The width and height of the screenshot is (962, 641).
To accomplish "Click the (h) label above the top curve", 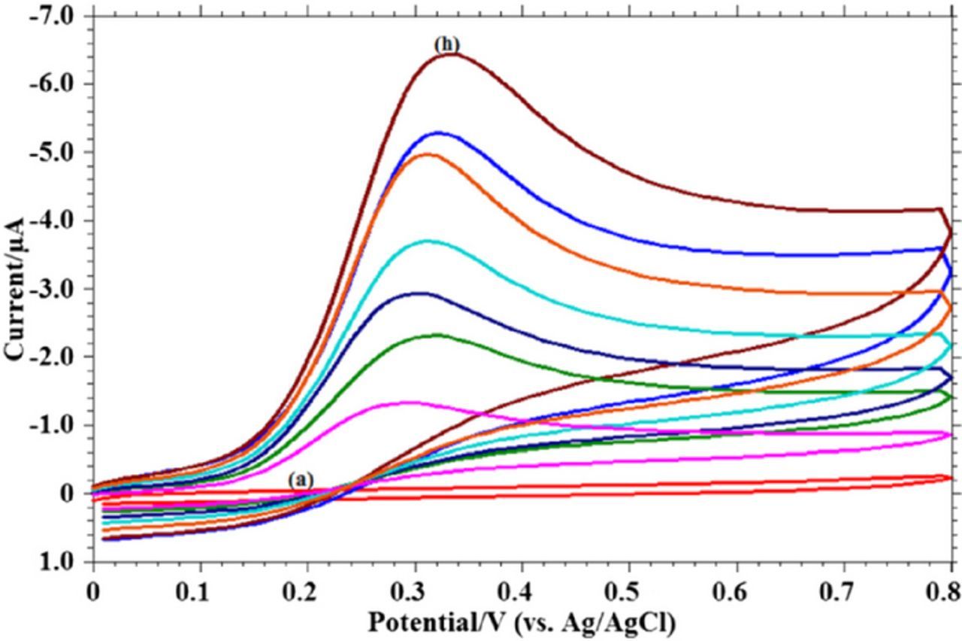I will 446,45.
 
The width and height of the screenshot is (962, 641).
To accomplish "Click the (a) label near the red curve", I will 301,479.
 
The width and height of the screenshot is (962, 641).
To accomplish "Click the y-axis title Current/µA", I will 15,289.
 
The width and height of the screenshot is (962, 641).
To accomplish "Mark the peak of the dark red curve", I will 449,53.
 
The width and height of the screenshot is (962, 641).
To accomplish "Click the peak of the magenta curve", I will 406,402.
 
